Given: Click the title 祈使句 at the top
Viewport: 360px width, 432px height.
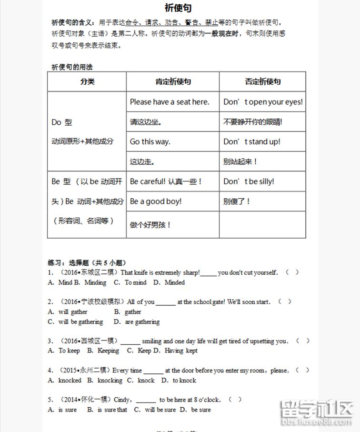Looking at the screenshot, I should [179, 8].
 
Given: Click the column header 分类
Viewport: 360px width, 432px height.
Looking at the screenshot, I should [87, 81].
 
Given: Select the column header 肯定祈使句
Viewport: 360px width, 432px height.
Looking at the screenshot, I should [173, 81].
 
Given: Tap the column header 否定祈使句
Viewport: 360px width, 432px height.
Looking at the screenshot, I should [262, 81].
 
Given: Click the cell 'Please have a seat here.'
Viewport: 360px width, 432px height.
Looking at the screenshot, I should [169, 101].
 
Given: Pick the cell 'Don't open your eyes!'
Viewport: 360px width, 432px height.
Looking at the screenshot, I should [263, 101].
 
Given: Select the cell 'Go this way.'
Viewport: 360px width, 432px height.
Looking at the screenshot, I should [150, 141].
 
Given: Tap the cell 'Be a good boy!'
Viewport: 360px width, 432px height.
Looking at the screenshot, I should [156, 201].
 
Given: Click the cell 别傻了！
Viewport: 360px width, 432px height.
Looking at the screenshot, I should [237, 201].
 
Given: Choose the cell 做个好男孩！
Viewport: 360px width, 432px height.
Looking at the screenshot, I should [150, 225].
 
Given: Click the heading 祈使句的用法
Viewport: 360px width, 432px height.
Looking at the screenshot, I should [72, 67].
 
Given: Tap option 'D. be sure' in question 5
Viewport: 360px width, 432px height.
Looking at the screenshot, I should [196, 410].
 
